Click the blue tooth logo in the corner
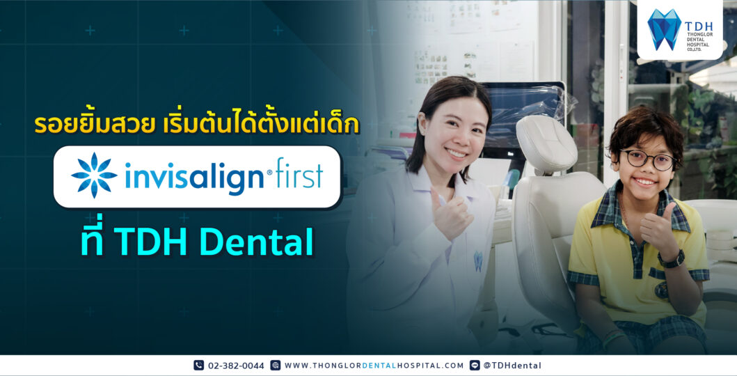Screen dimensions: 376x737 point(664,29)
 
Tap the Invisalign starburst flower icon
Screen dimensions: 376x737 point(95,175)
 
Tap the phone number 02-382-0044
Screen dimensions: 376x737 point(236,366)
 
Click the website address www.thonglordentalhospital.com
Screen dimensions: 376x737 point(374,366)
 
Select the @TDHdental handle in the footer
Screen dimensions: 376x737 point(512,366)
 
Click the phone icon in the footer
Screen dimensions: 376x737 point(199,366)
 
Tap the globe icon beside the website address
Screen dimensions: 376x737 point(276,366)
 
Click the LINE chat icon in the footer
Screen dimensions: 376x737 point(475,366)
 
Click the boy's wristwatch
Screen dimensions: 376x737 point(673,258)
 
